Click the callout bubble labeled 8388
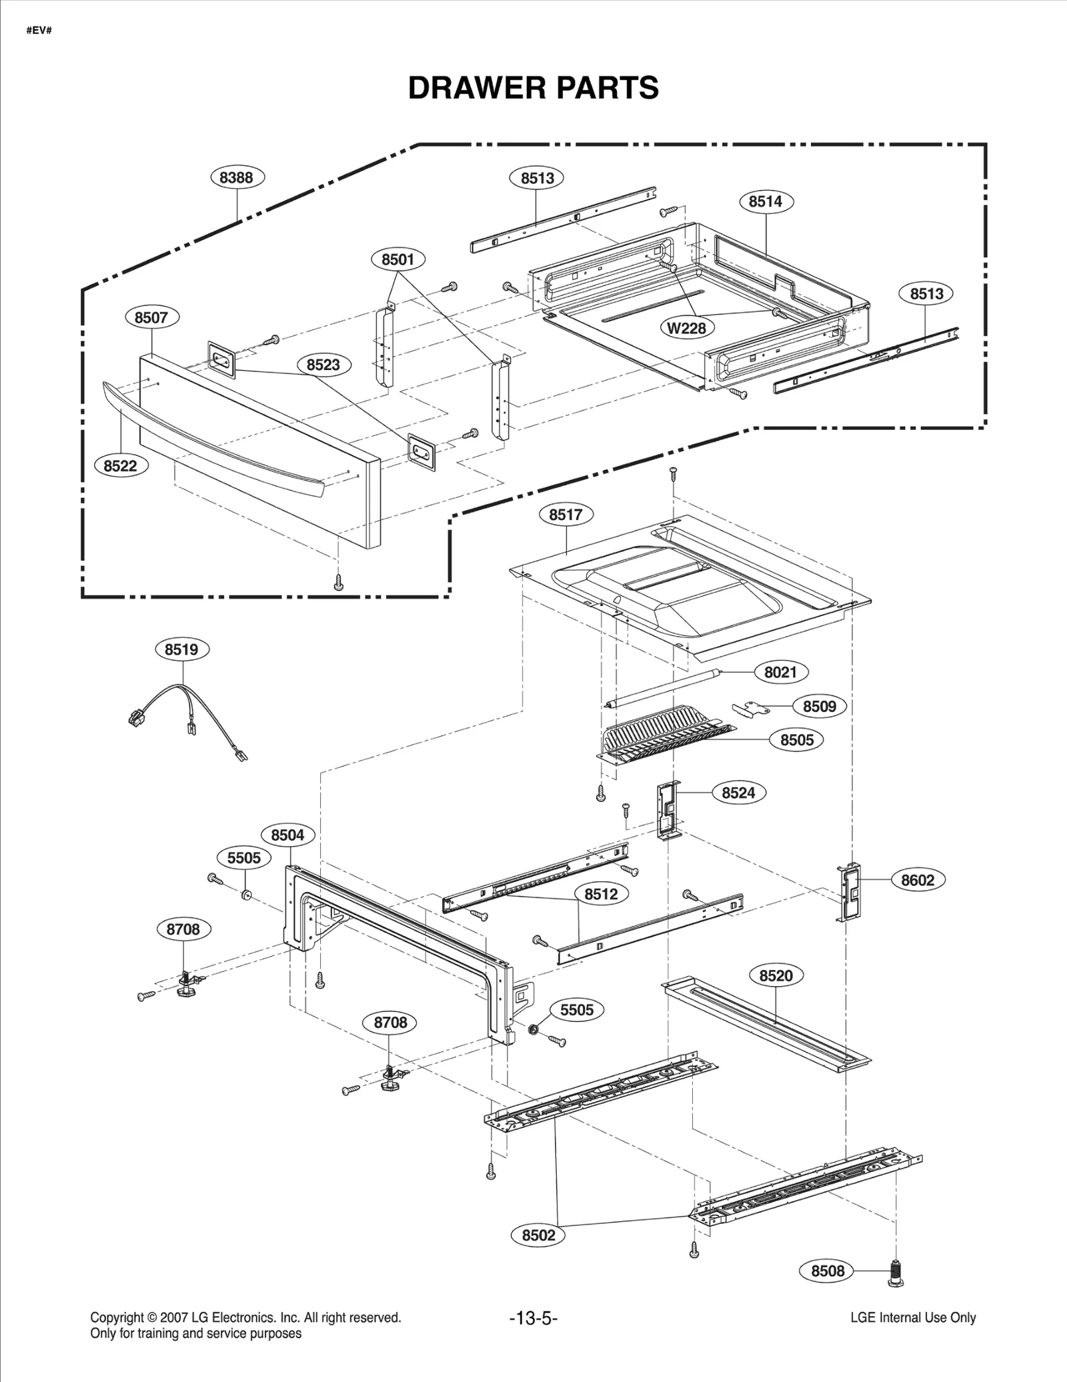237,177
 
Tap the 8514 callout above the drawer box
765,201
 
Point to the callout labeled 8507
151,317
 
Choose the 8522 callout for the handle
120,465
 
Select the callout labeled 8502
538,1235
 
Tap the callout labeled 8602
918,880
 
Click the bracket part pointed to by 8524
668,811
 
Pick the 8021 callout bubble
780,672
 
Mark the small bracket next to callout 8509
750,708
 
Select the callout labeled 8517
566,515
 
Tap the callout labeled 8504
287,835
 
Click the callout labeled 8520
776,976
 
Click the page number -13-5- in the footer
533,1318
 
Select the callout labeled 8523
323,365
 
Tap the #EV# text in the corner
39,31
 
